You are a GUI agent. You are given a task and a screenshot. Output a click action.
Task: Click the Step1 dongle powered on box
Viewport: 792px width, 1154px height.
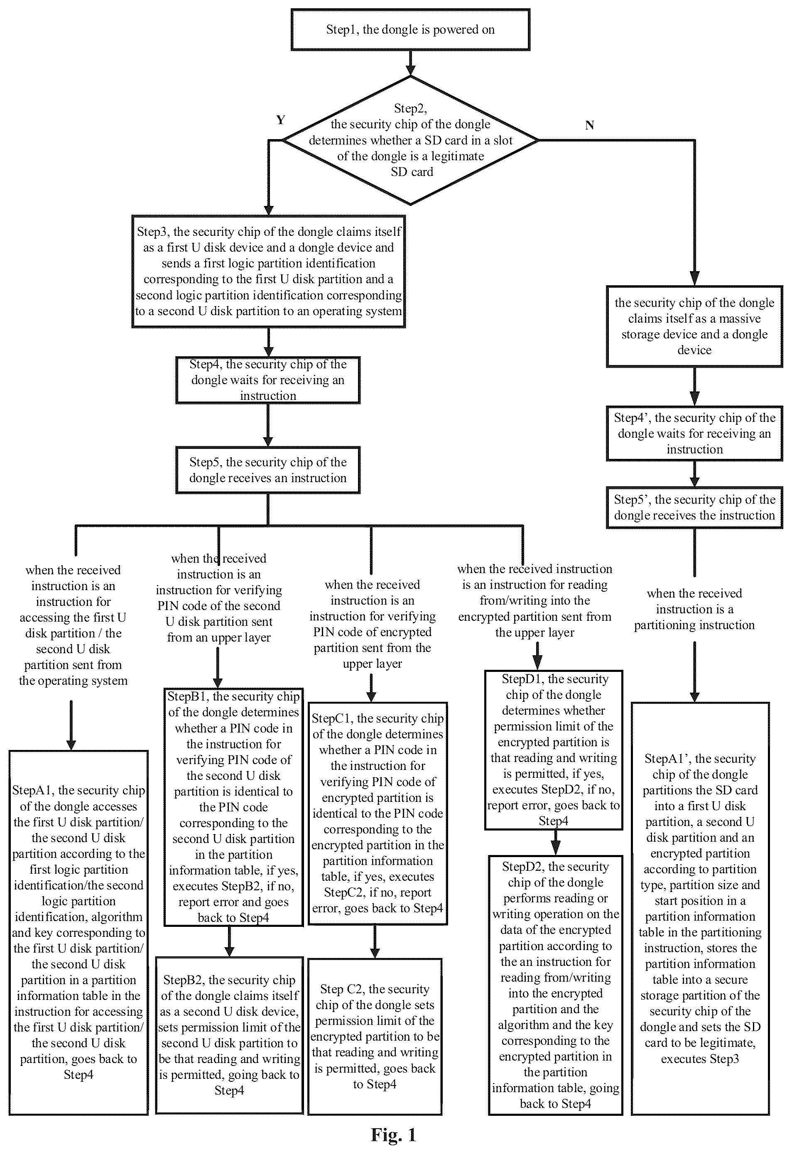[410, 29]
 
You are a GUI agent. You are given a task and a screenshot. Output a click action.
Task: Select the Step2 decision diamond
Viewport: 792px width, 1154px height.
[410, 140]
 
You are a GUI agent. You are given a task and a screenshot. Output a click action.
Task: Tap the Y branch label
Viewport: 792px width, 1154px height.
[281, 120]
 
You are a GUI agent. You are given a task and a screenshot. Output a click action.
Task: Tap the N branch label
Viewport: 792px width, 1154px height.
[589, 125]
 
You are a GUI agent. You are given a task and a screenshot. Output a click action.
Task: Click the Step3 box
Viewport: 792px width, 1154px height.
[268, 271]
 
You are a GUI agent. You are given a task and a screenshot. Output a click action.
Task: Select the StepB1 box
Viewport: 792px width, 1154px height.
[233, 807]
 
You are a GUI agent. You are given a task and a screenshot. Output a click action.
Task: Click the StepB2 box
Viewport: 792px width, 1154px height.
[229, 1035]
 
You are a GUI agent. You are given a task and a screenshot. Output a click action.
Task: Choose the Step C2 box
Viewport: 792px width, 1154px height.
[375, 1036]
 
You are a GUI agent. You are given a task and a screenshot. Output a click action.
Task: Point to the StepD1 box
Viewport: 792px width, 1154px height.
[553, 750]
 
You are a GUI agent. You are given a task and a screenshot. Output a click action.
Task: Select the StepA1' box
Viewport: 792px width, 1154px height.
[700, 908]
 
